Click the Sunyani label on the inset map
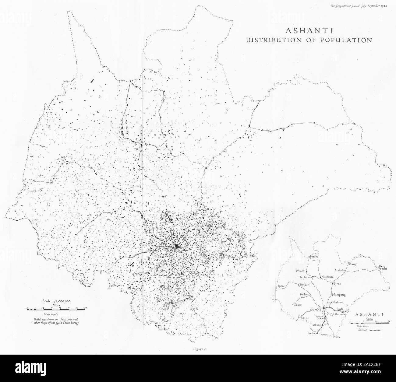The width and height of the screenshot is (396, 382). pos(306,284)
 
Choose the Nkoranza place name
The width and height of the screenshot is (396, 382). pos(327,277)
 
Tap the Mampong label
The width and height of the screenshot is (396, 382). pos(338,295)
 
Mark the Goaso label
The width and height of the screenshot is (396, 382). pos(297,304)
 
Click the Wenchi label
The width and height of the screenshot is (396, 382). pos(300,271)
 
